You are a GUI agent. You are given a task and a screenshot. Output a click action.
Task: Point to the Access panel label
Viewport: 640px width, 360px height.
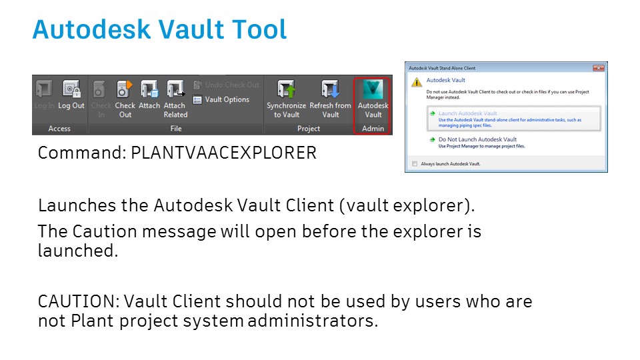59,128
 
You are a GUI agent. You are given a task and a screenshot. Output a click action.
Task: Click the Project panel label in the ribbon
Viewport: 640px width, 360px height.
308,128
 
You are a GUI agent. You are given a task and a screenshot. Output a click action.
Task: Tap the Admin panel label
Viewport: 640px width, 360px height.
373,128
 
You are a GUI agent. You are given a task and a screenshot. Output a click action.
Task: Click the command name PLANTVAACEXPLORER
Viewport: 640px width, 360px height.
223,153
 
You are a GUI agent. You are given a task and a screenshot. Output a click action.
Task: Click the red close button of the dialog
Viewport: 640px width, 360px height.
599,68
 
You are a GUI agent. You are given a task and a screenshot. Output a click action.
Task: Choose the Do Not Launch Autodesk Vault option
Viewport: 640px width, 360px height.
477,139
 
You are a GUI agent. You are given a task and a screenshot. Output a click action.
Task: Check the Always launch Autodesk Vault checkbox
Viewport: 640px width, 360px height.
415,163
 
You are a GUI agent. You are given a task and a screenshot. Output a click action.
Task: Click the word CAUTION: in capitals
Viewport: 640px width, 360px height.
79,301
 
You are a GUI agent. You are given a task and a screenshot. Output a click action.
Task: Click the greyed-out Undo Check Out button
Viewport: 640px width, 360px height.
227,85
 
